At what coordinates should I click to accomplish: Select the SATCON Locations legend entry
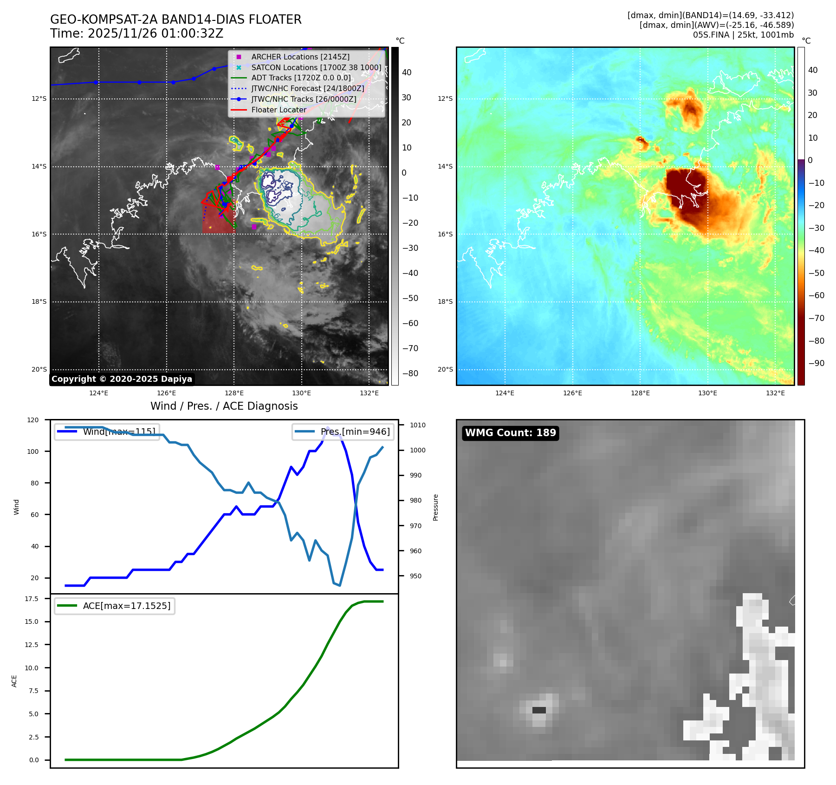[316, 67]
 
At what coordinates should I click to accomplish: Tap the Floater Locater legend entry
[279, 110]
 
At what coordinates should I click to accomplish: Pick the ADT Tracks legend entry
[301, 78]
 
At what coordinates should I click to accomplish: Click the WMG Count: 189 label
[510, 433]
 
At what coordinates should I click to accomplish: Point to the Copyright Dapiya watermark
[122, 379]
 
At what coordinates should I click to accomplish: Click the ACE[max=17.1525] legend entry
[126, 606]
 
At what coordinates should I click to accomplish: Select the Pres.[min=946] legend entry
[355, 432]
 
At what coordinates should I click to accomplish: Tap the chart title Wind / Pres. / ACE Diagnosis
[224, 406]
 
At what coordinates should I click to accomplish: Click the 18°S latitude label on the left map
[39, 302]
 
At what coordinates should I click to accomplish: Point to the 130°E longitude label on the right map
[707, 393]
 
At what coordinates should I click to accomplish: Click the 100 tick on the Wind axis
[33, 451]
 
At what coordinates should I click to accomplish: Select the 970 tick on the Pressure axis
[416, 526]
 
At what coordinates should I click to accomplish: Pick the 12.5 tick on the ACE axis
[32, 645]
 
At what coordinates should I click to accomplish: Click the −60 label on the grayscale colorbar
[410, 323]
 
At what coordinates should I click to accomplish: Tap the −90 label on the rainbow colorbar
[816, 363]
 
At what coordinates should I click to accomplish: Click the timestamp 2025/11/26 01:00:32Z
[155, 33]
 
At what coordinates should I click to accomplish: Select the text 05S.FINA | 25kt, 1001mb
[743, 35]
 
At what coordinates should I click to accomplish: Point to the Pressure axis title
[435, 507]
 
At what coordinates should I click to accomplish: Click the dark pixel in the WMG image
[538, 710]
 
